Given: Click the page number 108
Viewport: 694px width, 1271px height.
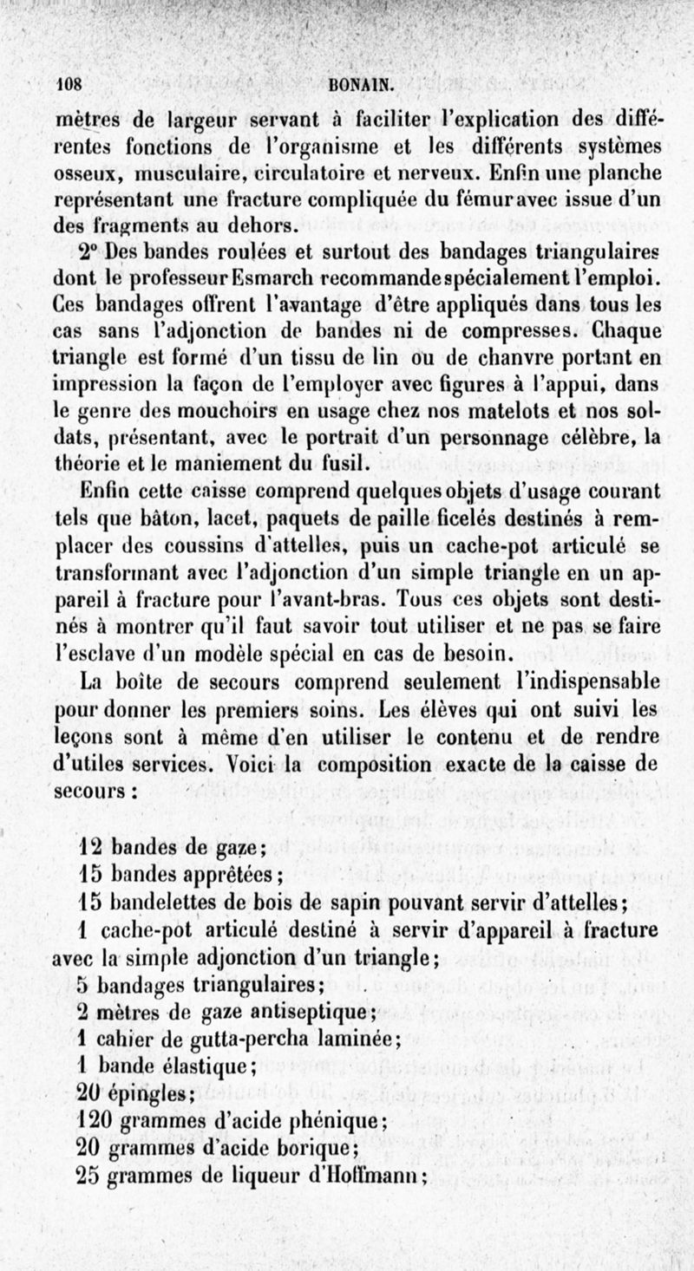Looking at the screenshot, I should coord(68,85).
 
